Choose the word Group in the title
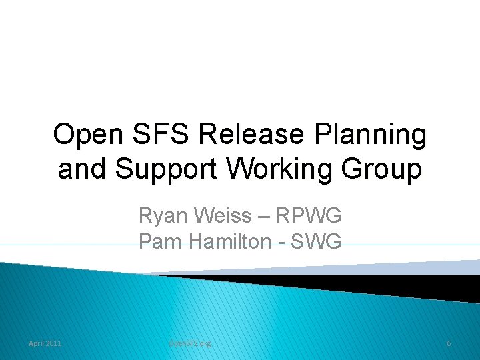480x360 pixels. tap(383, 170)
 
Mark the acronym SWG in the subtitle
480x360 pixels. tap(319, 241)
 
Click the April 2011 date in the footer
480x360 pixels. tap(45, 343)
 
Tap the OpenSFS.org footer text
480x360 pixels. tap(189, 343)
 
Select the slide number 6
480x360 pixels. tap(449, 343)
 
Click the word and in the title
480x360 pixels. tap(83, 170)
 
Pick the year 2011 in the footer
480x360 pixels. tap(53, 343)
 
